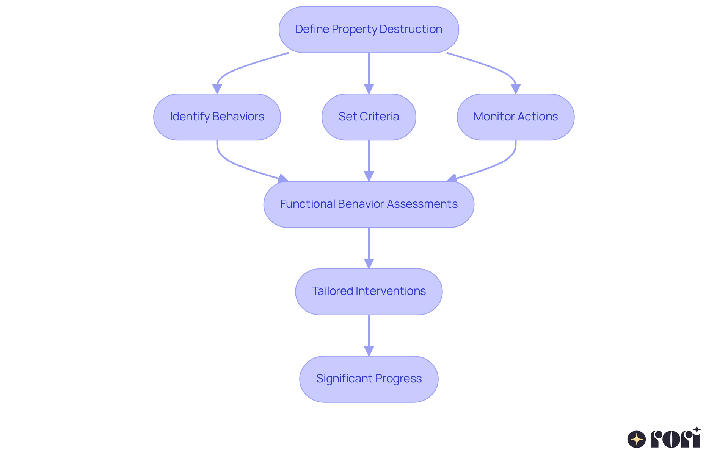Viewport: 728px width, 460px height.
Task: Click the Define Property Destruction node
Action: [x=369, y=30]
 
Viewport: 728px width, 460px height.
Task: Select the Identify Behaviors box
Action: [x=217, y=117]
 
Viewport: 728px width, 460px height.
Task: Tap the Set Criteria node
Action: [x=369, y=117]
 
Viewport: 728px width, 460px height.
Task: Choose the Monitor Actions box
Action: [x=515, y=117]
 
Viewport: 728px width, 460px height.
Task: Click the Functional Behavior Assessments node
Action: [x=369, y=204]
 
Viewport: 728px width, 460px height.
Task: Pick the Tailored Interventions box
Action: [x=369, y=292]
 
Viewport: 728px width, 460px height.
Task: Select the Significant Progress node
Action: [x=369, y=379]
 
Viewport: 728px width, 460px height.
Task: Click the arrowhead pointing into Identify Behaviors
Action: [x=217, y=89]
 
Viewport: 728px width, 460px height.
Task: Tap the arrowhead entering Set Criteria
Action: [x=369, y=89]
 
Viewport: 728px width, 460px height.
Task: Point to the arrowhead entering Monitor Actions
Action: [x=515, y=89]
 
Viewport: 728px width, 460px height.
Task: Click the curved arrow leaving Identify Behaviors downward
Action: [x=227, y=161]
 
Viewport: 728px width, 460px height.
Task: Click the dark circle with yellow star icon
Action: [x=637, y=439]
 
